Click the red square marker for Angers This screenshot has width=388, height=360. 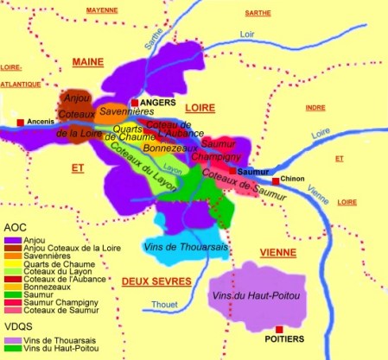pyautogui.click(x=135, y=103)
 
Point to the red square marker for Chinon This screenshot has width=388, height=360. pyautogui.click(x=277, y=180)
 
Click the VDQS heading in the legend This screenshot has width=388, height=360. pyautogui.click(x=17, y=331)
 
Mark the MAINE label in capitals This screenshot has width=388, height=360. pyautogui.click(x=88, y=62)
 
